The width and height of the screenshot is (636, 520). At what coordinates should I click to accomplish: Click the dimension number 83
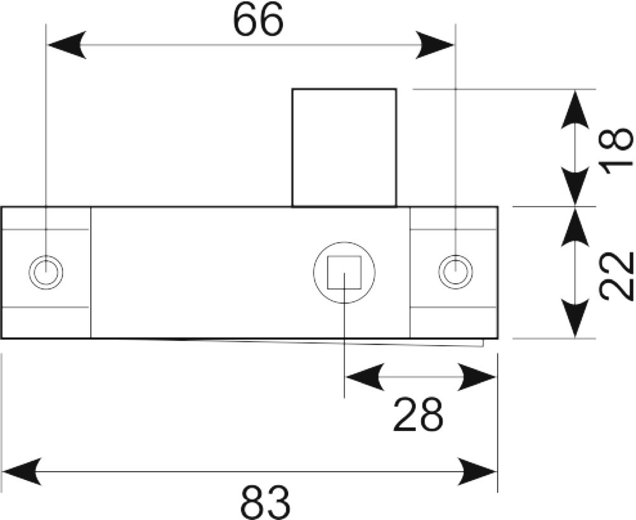(265, 501)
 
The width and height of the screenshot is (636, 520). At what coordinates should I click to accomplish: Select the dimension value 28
(418, 414)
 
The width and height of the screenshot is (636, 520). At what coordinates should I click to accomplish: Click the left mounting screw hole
(46, 272)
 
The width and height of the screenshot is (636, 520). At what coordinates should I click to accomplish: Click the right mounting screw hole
(455, 272)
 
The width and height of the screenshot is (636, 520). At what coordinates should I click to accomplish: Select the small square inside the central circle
(344, 272)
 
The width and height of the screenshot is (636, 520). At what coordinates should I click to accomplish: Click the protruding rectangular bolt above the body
(344, 147)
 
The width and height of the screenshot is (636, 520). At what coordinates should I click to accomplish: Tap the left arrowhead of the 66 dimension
(67, 44)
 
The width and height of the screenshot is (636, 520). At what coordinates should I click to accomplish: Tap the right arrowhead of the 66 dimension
(435, 44)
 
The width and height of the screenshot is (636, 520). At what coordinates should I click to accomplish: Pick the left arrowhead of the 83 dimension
(22, 471)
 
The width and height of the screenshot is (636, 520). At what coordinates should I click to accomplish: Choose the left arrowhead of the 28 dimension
(365, 377)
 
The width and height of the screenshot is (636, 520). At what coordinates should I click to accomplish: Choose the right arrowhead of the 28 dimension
(476, 377)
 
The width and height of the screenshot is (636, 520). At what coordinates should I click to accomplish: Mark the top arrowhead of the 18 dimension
(575, 109)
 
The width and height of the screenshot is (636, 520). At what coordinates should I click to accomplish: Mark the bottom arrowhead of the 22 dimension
(575, 318)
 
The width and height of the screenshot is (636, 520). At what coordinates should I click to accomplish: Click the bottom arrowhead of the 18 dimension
(575, 186)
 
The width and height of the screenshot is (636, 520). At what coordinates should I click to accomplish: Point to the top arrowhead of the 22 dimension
(575, 227)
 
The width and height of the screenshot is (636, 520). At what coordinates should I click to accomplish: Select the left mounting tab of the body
(46, 272)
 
